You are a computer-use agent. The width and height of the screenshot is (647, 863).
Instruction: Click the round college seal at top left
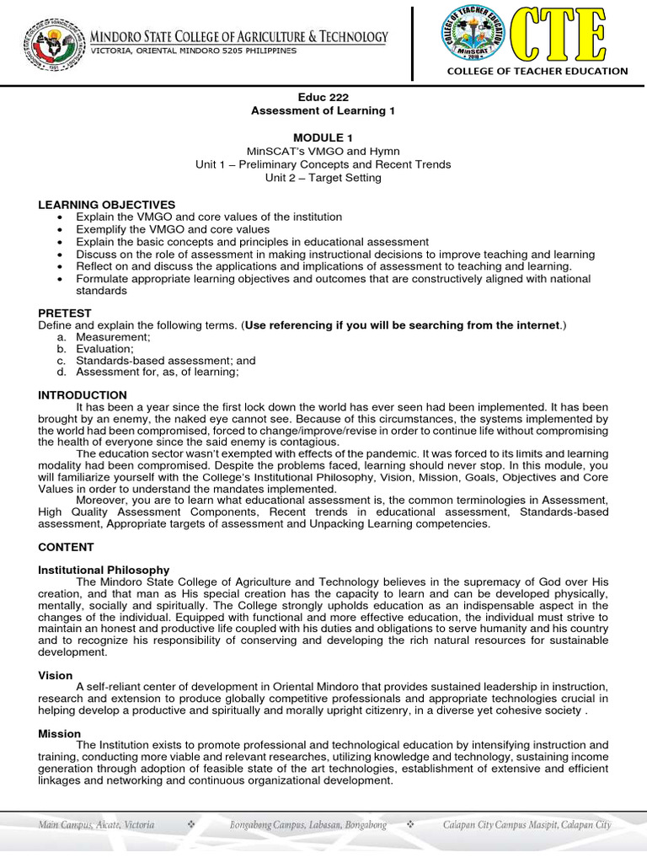(x=52, y=42)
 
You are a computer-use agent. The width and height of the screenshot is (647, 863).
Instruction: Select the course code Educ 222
(x=323, y=98)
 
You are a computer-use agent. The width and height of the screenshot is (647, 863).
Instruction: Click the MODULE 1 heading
(x=323, y=137)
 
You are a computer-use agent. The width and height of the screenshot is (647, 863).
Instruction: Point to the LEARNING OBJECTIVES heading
(x=107, y=205)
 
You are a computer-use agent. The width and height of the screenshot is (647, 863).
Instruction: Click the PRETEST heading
(x=65, y=313)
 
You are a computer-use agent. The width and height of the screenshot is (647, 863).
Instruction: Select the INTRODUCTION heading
(x=83, y=394)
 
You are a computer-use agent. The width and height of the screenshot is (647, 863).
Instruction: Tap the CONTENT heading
(x=66, y=547)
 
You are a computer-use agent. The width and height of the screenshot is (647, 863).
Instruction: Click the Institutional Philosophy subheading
(x=104, y=571)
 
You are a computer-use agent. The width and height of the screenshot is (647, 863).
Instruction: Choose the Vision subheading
(x=56, y=676)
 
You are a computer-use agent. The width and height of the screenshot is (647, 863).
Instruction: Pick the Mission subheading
(x=60, y=734)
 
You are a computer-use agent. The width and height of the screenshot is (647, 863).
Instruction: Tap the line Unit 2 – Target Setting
(x=323, y=178)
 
